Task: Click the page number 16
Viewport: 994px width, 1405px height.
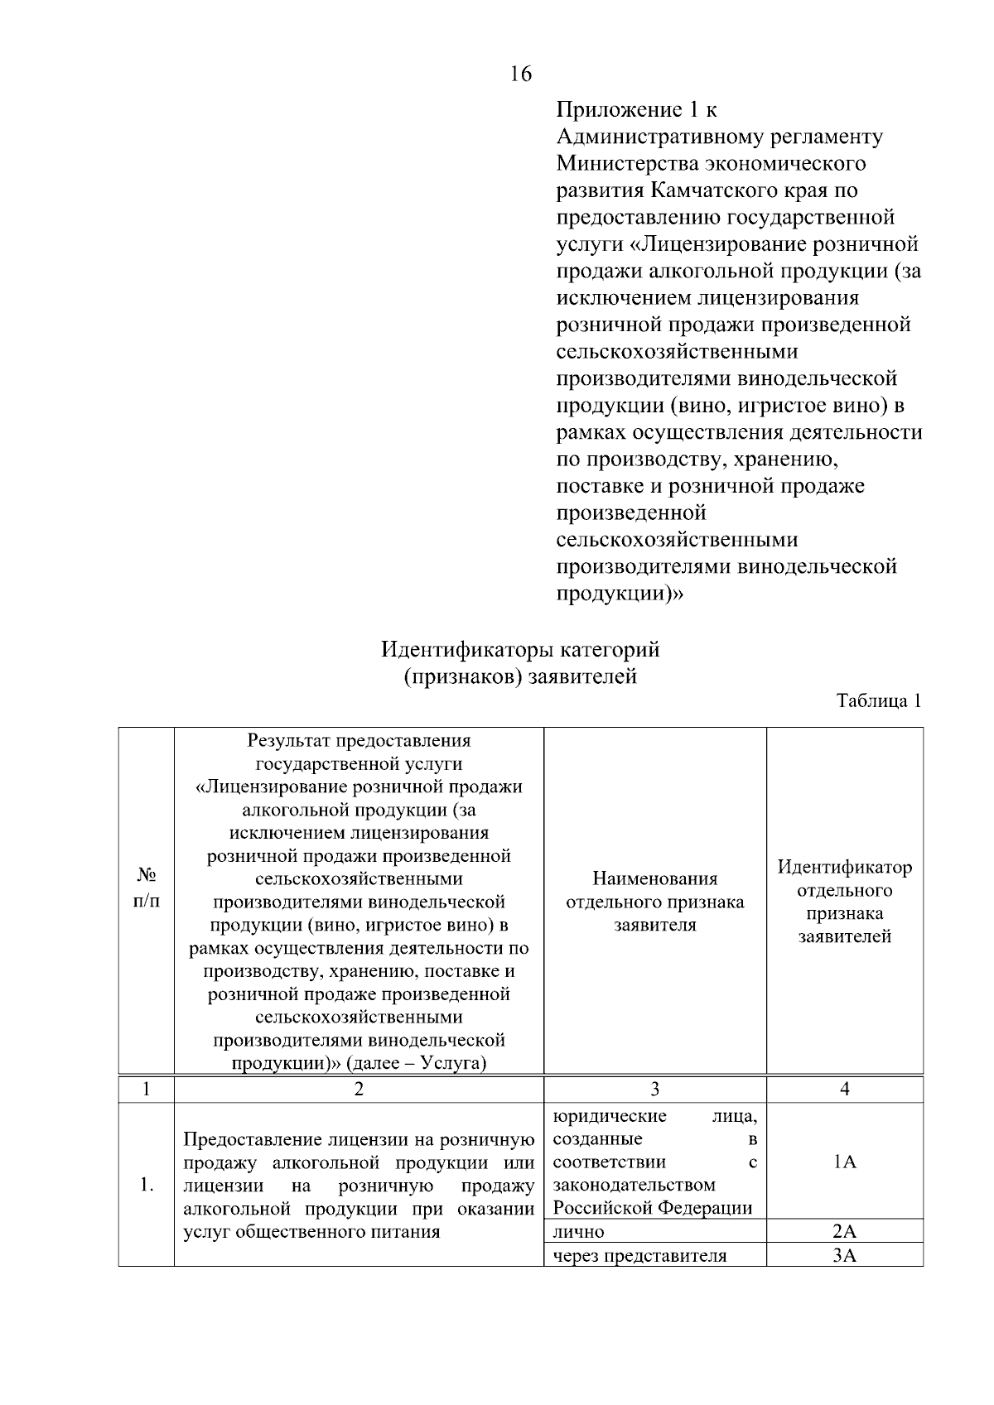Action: pyautogui.click(x=520, y=75)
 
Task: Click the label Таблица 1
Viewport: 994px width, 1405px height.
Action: pyautogui.click(x=879, y=700)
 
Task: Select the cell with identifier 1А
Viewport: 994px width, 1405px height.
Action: pyautogui.click(x=844, y=1162)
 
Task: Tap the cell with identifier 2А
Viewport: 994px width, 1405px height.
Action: pyautogui.click(x=844, y=1231)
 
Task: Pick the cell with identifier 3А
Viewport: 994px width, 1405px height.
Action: pyautogui.click(x=844, y=1255)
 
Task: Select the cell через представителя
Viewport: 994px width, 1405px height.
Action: pyautogui.click(x=639, y=1255)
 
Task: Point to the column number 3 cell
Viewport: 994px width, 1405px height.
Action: pyautogui.click(x=654, y=1089)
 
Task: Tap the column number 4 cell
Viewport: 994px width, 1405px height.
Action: pyautogui.click(x=844, y=1089)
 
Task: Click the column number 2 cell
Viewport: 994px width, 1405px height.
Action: pyautogui.click(x=359, y=1089)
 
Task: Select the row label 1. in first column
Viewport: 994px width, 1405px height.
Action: pyautogui.click(x=146, y=1185)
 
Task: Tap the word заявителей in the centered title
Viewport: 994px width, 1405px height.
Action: pyautogui.click(x=582, y=676)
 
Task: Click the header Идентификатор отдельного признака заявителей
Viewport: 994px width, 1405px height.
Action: pyautogui.click(x=844, y=902)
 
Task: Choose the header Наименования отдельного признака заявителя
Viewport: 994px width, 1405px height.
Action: pyautogui.click(x=654, y=902)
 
